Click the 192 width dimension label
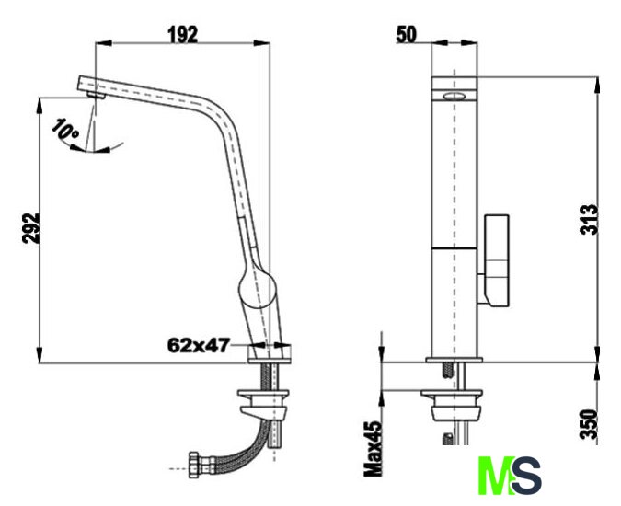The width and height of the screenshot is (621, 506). click(182, 34)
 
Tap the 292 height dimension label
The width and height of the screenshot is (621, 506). click(31, 228)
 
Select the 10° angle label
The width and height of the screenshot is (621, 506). click(65, 129)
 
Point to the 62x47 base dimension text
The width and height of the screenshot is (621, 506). click(199, 345)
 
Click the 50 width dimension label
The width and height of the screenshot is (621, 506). click(407, 34)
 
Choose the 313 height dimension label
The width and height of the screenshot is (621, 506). click(589, 219)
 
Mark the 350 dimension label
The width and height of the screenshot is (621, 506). click(589, 424)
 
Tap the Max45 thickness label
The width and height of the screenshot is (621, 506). click(374, 449)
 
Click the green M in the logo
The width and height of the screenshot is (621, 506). click(496, 475)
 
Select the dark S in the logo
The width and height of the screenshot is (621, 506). click(527, 475)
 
